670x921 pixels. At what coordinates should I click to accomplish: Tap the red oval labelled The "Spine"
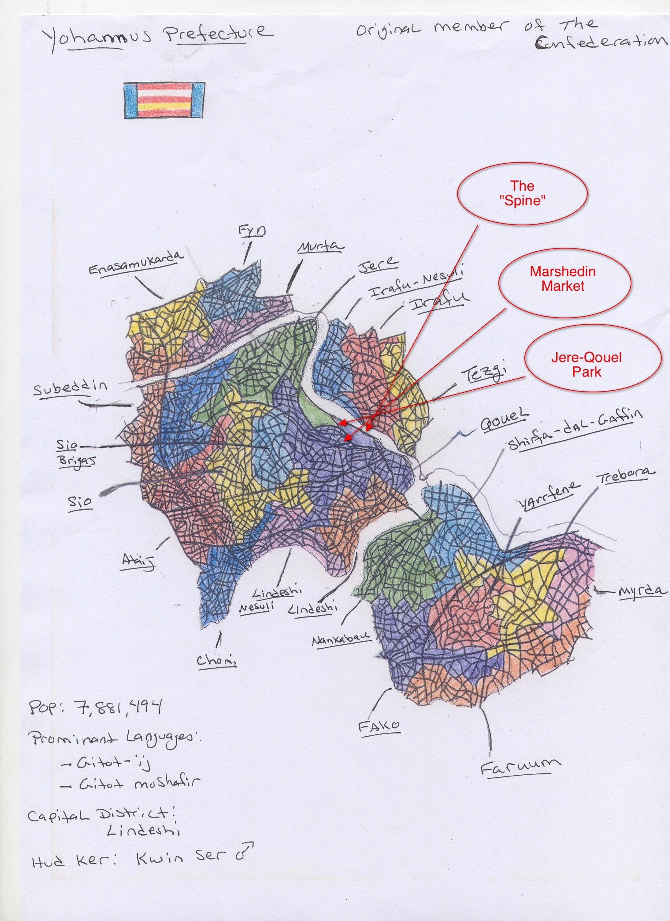[522, 193]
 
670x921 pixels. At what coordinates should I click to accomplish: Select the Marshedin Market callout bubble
[563, 279]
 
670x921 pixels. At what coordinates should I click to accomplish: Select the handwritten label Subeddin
[70, 389]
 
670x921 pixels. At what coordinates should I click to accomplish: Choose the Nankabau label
[341, 640]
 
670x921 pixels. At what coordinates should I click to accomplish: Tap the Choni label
[216, 660]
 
